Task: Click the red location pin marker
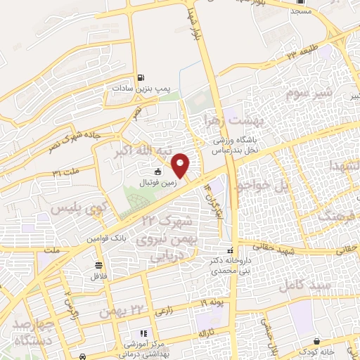tap(181, 165)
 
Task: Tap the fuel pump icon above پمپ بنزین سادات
tap(141, 77)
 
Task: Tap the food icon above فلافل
tap(98, 266)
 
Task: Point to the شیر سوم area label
tap(307, 93)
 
